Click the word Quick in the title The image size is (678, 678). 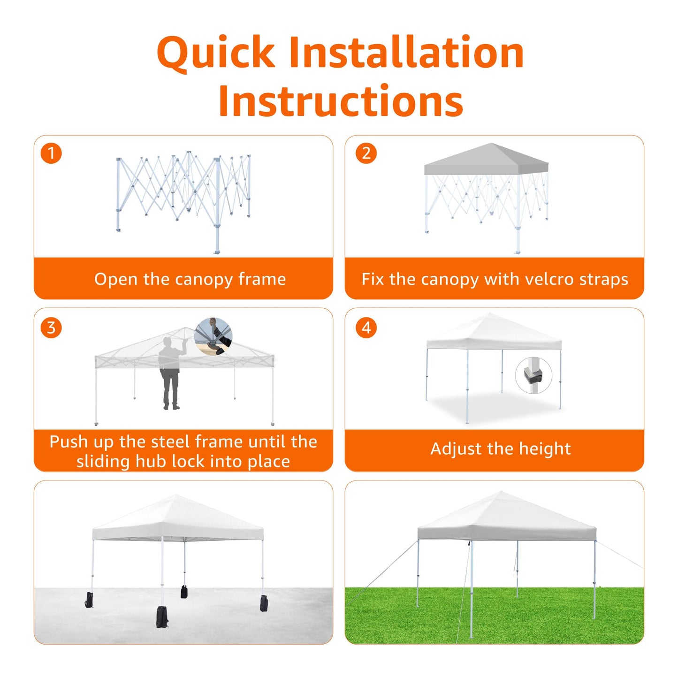pos(215,53)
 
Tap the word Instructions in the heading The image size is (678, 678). pos(341,100)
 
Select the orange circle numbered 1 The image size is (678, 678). pos(51,153)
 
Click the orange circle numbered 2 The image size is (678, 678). pos(366,153)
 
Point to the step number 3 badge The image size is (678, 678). pos(51,328)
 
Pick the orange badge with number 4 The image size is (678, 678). pos(366,328)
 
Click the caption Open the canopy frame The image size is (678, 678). pos(190,279)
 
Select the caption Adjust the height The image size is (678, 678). pos(500,449)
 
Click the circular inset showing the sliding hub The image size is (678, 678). pos(213,336)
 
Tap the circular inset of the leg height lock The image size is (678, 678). pos(533,375)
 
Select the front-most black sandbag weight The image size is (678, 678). pos(162,617)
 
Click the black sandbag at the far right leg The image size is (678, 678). pos(264,603)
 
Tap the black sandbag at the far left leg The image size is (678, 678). pos(89,600)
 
